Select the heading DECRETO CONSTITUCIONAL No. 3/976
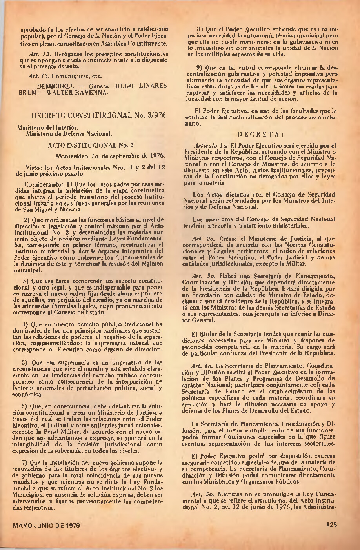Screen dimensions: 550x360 93,115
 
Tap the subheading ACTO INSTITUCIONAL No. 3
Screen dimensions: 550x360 91,145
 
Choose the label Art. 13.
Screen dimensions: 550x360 38,76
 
